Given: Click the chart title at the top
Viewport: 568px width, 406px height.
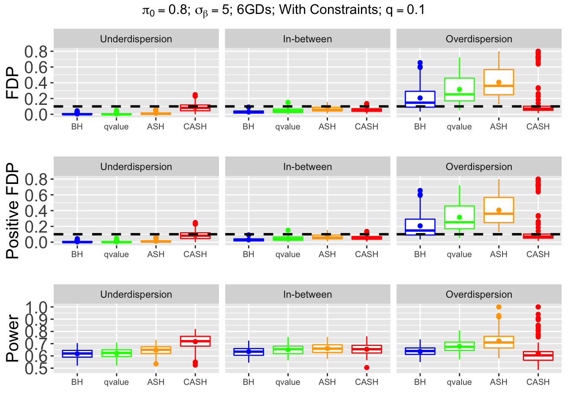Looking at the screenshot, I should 284,10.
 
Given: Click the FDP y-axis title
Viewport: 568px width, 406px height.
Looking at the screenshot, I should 13,83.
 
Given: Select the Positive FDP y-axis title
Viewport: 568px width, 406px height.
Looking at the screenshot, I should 13,211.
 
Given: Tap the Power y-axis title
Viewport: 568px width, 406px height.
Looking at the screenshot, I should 13,338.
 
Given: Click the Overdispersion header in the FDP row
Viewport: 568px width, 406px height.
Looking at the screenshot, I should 479,39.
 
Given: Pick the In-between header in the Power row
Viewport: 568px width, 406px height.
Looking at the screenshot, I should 307,294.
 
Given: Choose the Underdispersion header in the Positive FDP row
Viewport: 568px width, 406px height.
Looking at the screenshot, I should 136,167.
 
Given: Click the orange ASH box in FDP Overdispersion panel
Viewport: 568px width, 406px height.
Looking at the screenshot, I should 499,82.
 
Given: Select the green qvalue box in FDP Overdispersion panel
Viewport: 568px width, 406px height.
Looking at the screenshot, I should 459,89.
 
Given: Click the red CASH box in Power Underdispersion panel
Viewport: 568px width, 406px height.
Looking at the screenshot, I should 195,341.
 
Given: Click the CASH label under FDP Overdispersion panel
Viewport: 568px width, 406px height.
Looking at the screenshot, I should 538,126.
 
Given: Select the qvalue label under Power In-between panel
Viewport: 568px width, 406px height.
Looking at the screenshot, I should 288,382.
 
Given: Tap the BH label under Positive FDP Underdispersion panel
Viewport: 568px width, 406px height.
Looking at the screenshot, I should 77,254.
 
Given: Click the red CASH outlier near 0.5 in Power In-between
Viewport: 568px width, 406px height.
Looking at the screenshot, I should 366,368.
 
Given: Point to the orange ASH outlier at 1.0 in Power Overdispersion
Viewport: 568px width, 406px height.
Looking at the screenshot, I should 499,307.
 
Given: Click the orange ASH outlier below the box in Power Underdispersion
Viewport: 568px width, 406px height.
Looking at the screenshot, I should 156,364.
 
